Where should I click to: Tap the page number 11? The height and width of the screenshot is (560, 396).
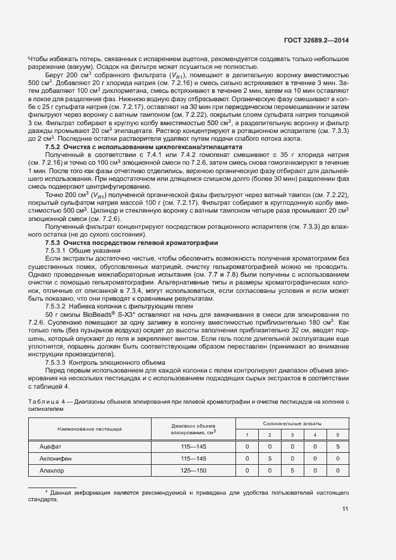pyautogui.click(x=345, y=509)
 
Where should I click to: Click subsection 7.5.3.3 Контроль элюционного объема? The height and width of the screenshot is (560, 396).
pyautogui.click(x=106, y=362)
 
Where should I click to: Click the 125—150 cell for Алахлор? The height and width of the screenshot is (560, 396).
pyautogui.click(x=193, y=470)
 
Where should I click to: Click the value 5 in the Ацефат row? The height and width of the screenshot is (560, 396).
pyautogui.click(x=338, y=446)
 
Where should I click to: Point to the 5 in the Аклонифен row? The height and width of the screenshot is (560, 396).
pyautogui.click(x=270, y=458)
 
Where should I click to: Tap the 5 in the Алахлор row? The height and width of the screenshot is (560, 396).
pyautogui.click(x=292, y=470)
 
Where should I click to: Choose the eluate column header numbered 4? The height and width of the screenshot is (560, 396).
pyautogui.click(x=315, y=434)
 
